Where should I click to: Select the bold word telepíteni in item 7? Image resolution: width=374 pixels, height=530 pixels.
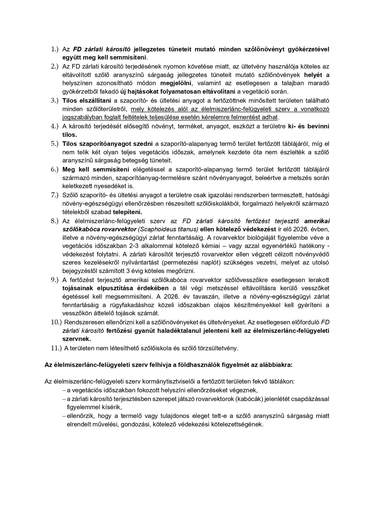coord(127,212)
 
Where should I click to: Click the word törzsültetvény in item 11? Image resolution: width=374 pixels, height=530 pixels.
coord(218,348)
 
